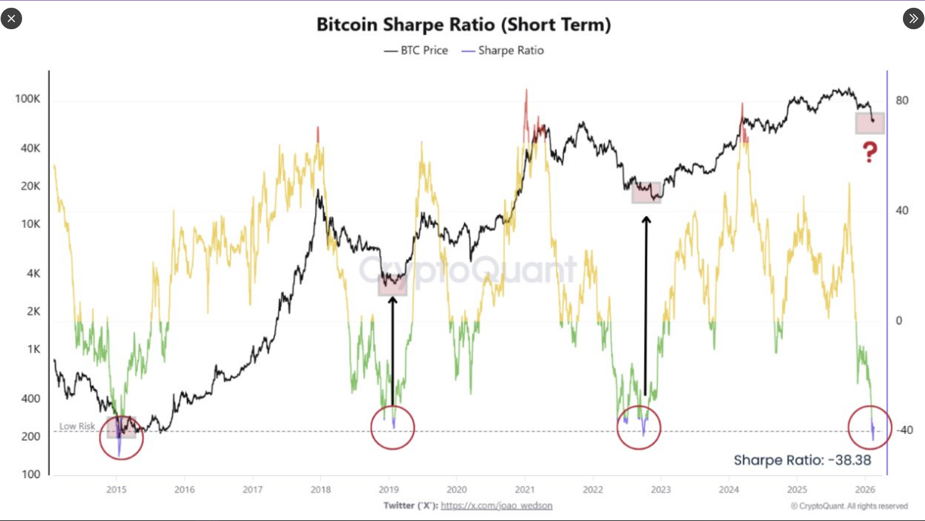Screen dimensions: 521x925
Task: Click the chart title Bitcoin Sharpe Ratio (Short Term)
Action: tap(463, 24)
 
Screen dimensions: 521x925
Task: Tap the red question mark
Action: tap(869, 152)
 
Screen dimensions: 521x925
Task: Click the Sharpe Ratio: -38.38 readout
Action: tap(802, 460)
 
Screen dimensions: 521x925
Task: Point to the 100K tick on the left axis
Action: tap(27, 98)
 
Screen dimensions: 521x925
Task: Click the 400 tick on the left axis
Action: tap(30, 398)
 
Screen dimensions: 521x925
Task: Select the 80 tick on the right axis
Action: tap(902, 100)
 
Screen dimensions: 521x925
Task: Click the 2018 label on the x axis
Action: tap(321, 489)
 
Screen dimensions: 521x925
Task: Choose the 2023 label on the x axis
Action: tap(660, 489)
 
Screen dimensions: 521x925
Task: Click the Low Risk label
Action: tap(77, 426)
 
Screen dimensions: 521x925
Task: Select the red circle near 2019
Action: tap(393, 427)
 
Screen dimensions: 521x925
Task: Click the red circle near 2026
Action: tap(870, 427)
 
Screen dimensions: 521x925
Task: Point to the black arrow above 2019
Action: tap(393, 349)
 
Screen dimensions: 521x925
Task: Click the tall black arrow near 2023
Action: tap(645, 304)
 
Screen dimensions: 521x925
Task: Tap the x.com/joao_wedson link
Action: tap(496, 505)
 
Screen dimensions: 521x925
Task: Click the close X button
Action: tap(11, 19)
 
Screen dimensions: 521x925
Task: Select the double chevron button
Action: tap(913, 19)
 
